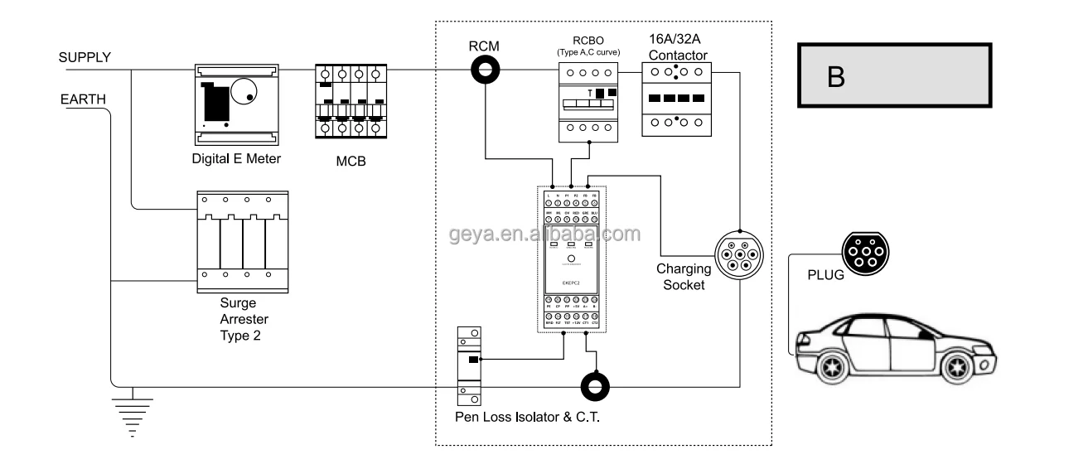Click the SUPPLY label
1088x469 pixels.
pos(84,57)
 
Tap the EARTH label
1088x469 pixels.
pos(82,100)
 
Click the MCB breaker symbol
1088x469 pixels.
pos(352,100)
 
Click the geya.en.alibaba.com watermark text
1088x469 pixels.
pos(544,234)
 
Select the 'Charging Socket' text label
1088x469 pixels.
pos(684,277)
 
